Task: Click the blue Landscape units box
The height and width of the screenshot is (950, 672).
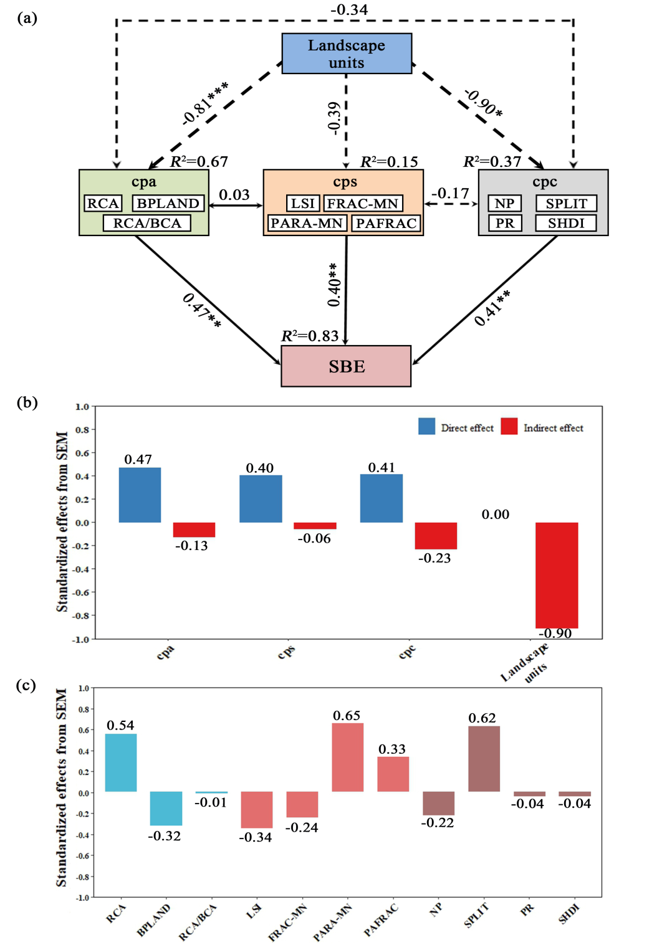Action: click(347, 54)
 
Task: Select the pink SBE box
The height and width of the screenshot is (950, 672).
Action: click(346, 366)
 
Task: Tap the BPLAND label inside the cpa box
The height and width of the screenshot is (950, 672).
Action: click(168, 204)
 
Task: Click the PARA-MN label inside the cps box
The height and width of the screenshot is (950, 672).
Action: click(307, 223)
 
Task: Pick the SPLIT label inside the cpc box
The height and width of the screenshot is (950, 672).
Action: click(566, 204)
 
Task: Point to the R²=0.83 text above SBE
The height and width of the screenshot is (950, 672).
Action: click(310, 336)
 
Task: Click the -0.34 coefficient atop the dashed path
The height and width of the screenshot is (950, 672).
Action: click(349, 9)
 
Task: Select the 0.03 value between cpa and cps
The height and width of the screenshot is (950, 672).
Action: click(234, 195)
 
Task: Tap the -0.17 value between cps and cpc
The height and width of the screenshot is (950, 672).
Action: click(450, 194)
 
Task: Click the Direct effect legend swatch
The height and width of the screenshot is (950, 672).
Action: click(427, 427)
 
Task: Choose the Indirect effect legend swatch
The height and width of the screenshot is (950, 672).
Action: click(509, 427)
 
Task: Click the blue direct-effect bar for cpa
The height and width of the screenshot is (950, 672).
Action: click(140, 495)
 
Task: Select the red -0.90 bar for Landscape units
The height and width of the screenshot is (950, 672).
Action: click(557, 575)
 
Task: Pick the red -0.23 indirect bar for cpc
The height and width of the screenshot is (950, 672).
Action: click(436, 536)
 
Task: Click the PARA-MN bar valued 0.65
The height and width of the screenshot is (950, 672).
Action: click(347, 758)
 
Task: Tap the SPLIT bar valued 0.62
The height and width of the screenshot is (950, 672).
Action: click(484, 759)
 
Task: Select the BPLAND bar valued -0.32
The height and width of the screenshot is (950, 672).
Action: click(166, 809)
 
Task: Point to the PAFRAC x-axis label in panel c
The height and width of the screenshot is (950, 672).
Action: click(381, 920)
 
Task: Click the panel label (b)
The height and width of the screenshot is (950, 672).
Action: click(27, 402)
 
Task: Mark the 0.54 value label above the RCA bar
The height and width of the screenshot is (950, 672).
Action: click(120, 725)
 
